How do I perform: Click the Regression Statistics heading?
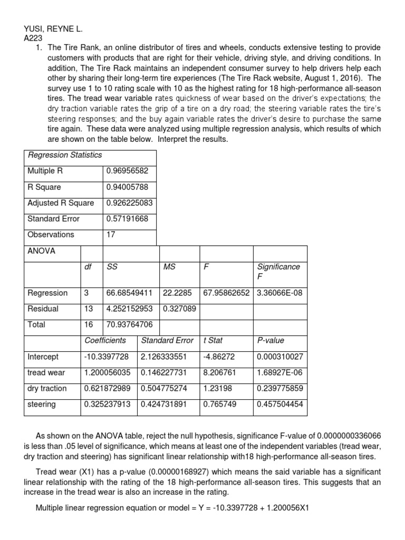[65, 155]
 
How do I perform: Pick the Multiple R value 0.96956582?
[127, 171]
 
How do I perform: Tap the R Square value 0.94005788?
[127, 187]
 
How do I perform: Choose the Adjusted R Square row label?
[61, 203]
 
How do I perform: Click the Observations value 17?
[111, 235]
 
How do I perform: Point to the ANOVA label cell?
[41, 252]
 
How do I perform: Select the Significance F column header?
[278, 272]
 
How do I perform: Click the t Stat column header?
[213, 341]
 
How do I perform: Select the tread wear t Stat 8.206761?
[220, 373]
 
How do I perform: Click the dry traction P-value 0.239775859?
[279, 389]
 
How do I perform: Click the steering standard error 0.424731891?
[168, 404]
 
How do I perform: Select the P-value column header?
[270, 341]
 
